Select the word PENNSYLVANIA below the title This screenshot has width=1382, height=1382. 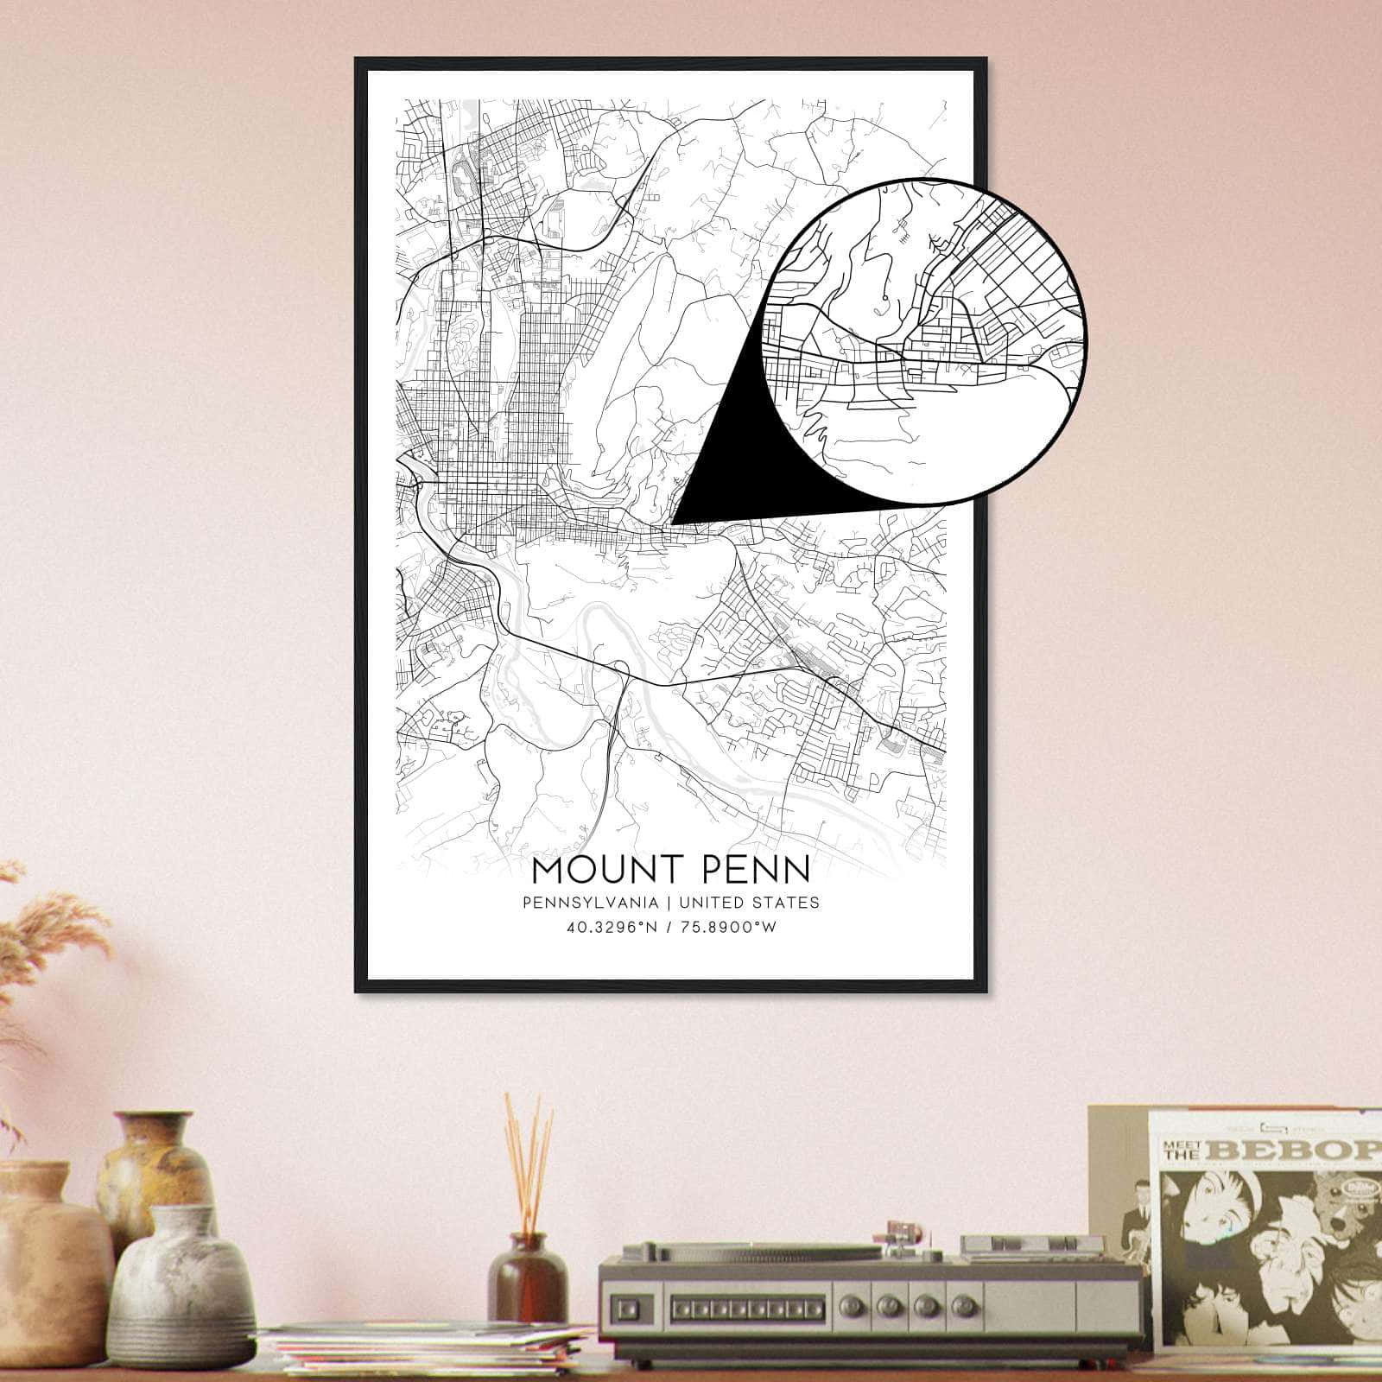tap(591, 903)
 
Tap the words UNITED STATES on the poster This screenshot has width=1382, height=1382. tap(750, 903)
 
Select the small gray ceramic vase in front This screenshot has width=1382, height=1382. tap(178, 1287)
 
